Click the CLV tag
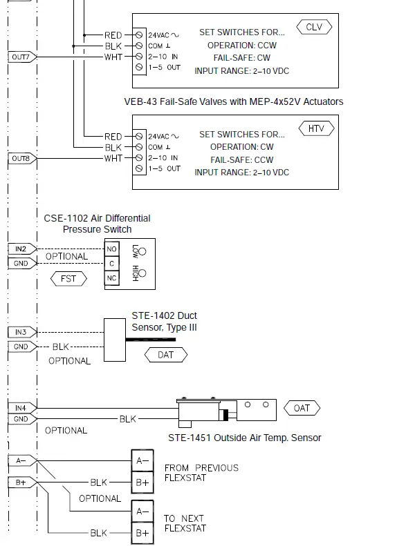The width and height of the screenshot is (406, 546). pos(314,27)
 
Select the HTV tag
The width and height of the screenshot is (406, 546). pos(317,128)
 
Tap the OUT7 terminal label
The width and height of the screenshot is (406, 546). pos(21,57)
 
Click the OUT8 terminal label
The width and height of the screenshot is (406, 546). pos(21,159)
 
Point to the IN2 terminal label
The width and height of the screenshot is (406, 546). pos(21,248)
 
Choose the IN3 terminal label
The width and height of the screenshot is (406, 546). pos(21,332)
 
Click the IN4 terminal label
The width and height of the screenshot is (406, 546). pos(21,408)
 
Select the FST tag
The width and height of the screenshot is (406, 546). pos(69,279)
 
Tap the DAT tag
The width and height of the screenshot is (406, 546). pos(166,355)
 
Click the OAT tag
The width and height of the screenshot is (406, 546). pos(302,408)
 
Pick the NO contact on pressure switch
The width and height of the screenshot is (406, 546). pos(111,248)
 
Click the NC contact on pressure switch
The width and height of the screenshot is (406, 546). pos(111,278)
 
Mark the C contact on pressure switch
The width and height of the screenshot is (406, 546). pos(111,263)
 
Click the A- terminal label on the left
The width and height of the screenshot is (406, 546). pos(21,460)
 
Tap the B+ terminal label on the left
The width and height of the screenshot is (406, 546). pos(21,482)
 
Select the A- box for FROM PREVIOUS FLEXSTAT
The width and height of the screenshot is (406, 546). pos(142,460)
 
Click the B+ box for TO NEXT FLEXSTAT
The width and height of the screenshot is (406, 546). pos(142,533)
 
